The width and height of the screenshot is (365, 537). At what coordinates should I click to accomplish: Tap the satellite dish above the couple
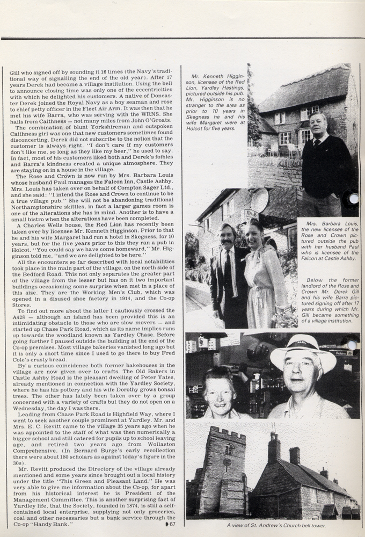pyautogui.click(x=260, y=200)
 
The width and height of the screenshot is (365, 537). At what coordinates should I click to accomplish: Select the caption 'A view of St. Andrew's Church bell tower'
pyautogui.click(x=275, y=525)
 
